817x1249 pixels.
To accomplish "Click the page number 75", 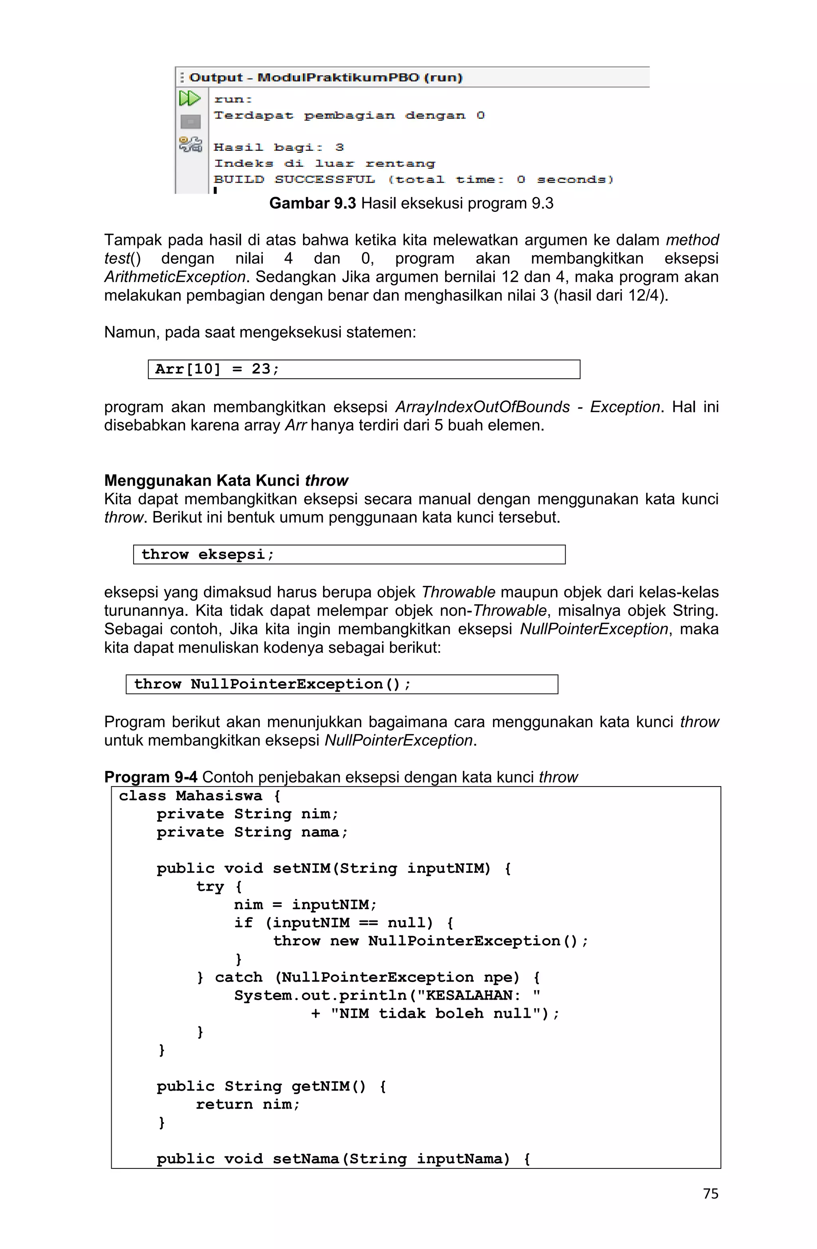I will coord(710,1194).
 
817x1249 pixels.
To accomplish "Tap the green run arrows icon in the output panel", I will coord(189,98).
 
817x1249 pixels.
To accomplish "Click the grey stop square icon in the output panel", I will coord(190,122).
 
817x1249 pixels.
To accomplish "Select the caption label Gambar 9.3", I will coord(312,203).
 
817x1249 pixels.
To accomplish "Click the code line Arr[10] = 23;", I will coord(217,369).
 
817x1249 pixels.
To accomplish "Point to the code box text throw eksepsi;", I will coord(207,554).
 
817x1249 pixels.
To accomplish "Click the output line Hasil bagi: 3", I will coord(278,148).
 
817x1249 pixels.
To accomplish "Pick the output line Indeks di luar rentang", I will coord(324,164).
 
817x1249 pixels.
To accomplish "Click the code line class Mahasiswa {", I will coord(199,796).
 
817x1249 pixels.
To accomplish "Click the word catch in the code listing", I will coord(238,977).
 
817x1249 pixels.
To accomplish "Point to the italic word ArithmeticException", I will coord(175,277).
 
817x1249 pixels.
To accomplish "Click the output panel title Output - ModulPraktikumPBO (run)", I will coord(326,78).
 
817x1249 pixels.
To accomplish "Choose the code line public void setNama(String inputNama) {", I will coord(343,1159).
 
